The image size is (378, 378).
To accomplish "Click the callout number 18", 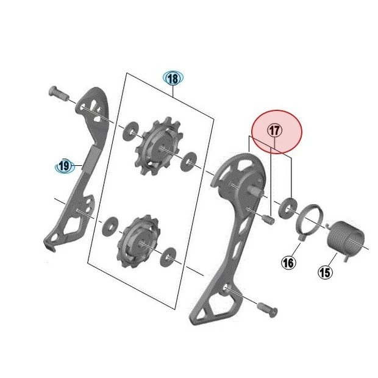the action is pos(173,79).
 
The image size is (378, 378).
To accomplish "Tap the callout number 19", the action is pos(64,166).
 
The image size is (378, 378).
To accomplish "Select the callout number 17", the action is pos(274,130).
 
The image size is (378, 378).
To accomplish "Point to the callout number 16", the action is pos(288,263).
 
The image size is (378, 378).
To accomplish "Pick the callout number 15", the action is pos(325,273).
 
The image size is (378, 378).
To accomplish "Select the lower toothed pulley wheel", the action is pos(138,240).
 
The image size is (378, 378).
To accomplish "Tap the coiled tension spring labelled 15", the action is pos(346,240).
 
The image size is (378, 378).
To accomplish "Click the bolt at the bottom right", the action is pos(268,309).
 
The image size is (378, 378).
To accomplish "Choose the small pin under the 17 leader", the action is pos(268,219).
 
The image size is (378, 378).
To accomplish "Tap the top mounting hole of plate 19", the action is pos(82,107).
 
